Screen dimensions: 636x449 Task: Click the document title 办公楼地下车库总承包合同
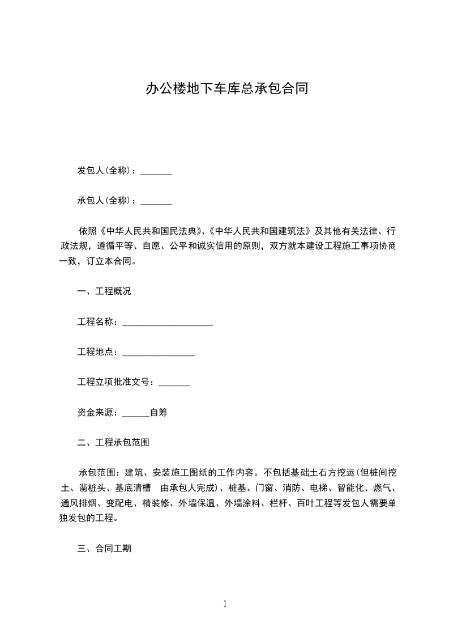(x=226, y=88)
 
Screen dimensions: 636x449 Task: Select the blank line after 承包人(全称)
(x=156, y=201)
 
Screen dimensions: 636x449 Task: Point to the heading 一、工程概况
(x=104, y=291)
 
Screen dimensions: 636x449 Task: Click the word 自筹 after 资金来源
(x=159, y=413)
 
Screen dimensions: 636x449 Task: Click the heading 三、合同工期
(x=104, y=549)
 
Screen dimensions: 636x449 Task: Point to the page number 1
(x=225, y=604)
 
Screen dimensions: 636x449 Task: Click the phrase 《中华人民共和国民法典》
(x=151, y=231)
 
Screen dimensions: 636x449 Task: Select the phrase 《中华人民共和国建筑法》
(x=259, y=231)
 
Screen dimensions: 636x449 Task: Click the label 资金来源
(x=95, y=413)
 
